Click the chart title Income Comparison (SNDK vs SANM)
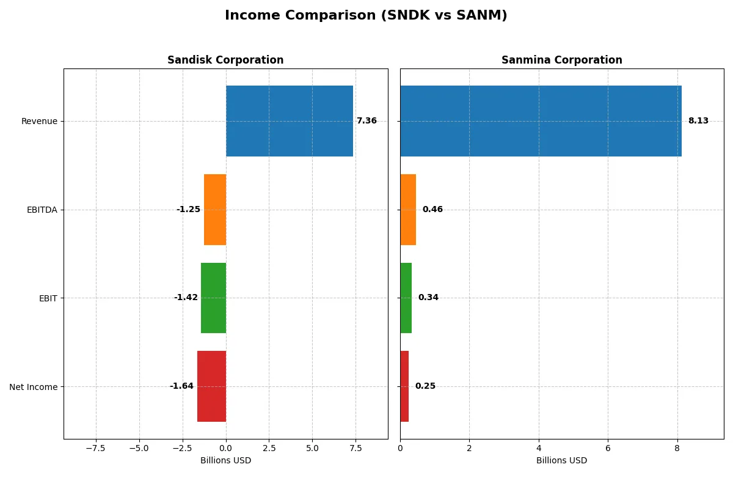point(366,16)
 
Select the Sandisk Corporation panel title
point(225,60)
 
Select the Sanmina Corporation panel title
point(561,60)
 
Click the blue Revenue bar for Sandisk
point(290,121)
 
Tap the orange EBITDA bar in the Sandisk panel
point(215,210)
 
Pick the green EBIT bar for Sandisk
point(213,298)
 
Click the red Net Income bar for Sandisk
point(211,386)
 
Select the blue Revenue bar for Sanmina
point(541,121)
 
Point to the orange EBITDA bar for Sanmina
point(408,210)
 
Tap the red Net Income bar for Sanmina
point(404,386)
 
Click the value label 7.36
point(366,121)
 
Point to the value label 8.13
point(698,121)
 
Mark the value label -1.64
point(181,386)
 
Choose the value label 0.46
point(432,210)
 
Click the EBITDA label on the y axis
point(42,210)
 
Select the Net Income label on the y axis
point(34,386)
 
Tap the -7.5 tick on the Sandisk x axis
point(96,447)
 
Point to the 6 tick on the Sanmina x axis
point(608,447)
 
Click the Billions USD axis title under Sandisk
point(225,460)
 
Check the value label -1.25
point(188,210)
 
